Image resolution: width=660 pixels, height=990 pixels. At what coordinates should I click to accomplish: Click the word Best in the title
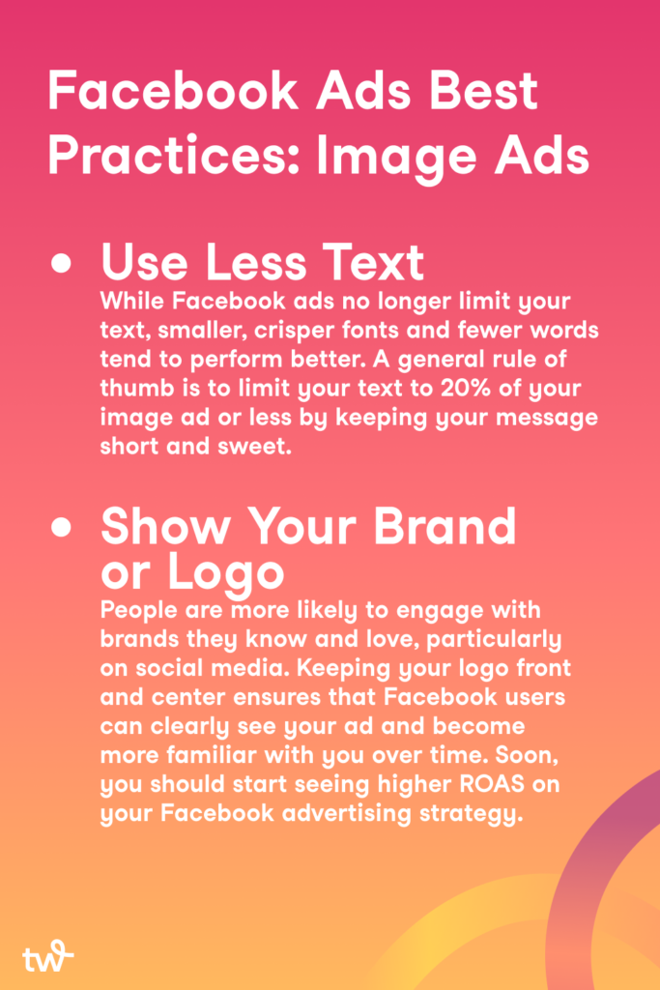coord(483,91)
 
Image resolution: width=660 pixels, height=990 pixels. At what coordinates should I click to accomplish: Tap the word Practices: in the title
coord(176,157)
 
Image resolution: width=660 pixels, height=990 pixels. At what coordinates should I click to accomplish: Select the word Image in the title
coord(396,159)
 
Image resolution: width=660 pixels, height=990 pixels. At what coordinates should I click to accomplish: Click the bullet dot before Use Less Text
coord(61,263)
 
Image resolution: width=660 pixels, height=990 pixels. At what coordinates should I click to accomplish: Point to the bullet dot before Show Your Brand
coord(61,527)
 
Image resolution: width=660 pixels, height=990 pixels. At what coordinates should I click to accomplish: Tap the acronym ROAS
coord(492,784)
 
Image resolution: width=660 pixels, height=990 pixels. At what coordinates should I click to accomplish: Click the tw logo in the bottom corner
coord(48,956)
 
